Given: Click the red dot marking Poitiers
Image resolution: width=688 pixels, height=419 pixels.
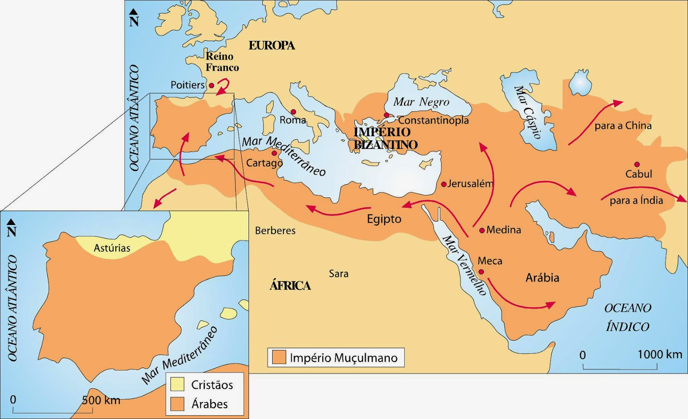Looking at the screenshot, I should pos(212,86).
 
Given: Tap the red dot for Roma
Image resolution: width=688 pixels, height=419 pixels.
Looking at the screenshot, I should pos(294,112).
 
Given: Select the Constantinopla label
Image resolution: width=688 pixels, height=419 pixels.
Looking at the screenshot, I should pos(433,120).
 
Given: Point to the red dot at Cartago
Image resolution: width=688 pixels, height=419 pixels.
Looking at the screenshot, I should pos(274,153).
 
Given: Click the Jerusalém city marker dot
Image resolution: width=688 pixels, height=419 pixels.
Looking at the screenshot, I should pos(444,184).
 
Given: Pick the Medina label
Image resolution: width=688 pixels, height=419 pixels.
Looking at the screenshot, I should pos(504,230).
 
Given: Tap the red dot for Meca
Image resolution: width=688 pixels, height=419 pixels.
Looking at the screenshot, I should pos(481,272).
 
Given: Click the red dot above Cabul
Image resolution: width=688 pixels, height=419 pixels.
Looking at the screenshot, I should pos(637,164).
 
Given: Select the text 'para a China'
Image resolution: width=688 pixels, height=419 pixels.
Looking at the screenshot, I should pos(623,126).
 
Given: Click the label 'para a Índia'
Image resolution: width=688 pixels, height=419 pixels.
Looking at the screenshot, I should pos(636,200).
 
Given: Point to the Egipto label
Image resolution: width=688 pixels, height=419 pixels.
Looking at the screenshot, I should pos(384,219).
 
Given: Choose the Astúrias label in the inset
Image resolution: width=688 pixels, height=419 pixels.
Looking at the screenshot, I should pos(112,248).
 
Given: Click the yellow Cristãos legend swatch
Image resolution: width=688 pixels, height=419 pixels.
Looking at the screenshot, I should pos(177,384).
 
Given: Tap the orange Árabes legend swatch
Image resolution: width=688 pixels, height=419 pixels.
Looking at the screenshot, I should pos(177,404).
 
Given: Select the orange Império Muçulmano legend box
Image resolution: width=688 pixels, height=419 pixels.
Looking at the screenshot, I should pos(279,357).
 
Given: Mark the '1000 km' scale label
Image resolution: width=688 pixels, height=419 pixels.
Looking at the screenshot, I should pos(660,354).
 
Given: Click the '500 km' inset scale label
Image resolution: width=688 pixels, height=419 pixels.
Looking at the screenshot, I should pos(101,400).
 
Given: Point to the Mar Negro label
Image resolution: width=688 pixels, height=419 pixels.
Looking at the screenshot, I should pos(421,102).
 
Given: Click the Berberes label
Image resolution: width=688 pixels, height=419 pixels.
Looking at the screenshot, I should pos(275,231).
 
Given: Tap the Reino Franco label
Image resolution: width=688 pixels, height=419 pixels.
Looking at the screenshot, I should pos(222,62).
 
